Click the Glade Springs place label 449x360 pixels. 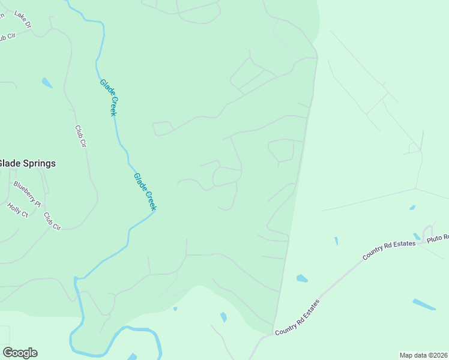click(x=27, y=163)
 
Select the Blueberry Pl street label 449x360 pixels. click(x=26, y=193)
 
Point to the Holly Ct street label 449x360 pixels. click(x=18, y=210)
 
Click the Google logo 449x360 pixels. click(x=20, y=353)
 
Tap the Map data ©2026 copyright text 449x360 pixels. click(x=424, y=355)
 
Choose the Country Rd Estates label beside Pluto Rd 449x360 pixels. click(x=388, y=249)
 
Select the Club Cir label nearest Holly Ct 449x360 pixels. click(x=52, y=221)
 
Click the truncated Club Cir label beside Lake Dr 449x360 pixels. click(x=7, y=37)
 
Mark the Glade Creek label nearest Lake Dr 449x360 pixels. click(x=109, y=97)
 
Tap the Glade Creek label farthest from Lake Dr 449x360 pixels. click(x=145, y=191)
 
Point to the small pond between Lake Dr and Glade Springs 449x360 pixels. click(x=47, y=83)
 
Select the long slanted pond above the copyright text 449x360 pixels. click(x=424, y=304)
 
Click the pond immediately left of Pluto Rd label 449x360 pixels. click(x=417, y=236)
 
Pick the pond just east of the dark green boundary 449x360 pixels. click(x=301, y=278)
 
